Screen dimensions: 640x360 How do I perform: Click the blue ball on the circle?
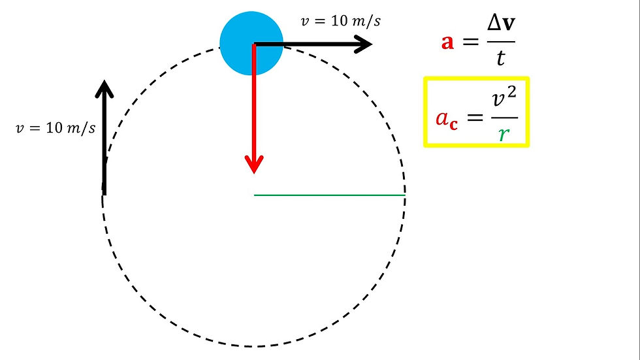click(x=251, y=43)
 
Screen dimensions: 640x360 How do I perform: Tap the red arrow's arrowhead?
click(x=254, y=164)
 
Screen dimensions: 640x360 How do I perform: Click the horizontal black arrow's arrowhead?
click(x=363, y=44)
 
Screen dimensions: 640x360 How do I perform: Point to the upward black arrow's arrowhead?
click(x=104, y=89)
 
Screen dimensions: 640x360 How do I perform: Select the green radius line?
click(x=329, y=195)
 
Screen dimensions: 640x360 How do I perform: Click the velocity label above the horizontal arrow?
click(x=340, y=21)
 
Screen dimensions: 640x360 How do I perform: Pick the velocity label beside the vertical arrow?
click(x=56, y=128)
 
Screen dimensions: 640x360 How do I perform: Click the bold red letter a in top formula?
click(x=447, y=42)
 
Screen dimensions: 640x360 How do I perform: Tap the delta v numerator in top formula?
click(x=501, y=24)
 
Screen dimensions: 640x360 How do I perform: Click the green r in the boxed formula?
click(x=504, y=133)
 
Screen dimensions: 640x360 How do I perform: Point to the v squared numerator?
click(x=504, y=97)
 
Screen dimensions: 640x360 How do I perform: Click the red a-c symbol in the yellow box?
click(x=447, y=120)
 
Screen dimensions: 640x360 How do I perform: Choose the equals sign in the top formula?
click(x=470, y=41)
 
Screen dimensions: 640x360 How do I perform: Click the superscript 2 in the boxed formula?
click(x=512, y=92)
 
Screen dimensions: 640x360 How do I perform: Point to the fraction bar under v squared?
click(x=504, y=118)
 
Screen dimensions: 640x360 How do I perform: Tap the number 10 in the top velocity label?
click(x=339, y=21)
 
